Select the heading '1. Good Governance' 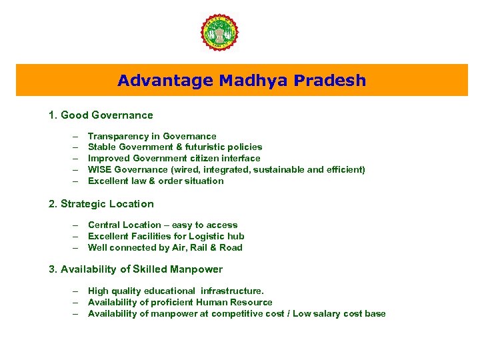101,115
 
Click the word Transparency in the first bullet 116,136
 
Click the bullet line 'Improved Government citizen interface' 174,158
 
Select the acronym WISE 99,169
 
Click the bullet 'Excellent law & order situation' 155,181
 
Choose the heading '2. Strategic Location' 101,204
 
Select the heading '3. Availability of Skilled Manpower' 136,269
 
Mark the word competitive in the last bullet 239,313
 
